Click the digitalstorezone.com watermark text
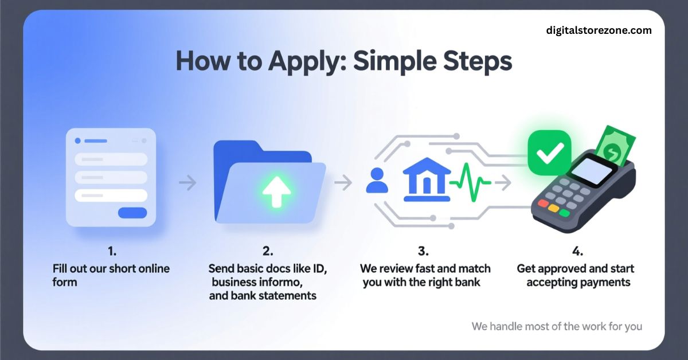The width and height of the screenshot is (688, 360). pos(599,30)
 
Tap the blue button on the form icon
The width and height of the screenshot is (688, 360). pos(132,213)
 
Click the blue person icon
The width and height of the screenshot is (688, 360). pos(377,181)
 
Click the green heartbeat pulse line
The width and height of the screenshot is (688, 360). pos(470,182)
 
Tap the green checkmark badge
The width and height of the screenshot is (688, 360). pos(549,152)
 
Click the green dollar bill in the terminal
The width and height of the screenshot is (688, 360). pos(615,146)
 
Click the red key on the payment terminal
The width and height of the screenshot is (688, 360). pos(543,203)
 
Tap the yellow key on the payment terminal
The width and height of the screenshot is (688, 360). pos(553,208)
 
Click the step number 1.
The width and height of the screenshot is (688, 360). pos(112,251)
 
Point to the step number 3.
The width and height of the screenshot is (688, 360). pos(423,251)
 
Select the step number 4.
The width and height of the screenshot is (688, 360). pos(578,251)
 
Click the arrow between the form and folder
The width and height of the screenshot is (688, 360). pos(187,182)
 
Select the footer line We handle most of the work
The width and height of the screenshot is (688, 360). pos(557,327)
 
